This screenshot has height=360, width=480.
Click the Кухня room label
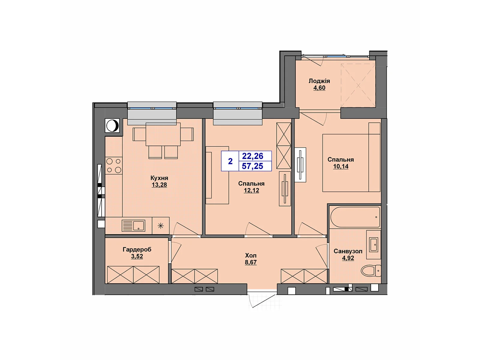[x=159, y=178]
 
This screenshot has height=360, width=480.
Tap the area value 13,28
[x=159, y=185]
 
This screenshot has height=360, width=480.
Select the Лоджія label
[x=319, y=81]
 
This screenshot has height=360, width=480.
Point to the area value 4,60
[x=319, y=88]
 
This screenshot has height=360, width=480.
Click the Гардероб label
[x=137, y=249]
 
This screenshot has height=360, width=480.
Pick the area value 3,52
[x=137, y=256]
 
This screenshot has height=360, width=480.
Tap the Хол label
[x=250, y=255]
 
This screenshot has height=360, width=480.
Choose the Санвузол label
[x=348, y=251]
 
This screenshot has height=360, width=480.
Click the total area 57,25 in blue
[x=253, y=166]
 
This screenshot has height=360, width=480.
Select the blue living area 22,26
[x=253, y=156]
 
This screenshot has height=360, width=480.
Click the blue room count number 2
[x=230, y=161]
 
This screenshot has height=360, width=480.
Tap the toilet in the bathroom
[x=371, y=271]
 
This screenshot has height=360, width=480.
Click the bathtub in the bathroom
[x=355, y=217]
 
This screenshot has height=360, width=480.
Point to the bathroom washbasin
[x=374, y=244]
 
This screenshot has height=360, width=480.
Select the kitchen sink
[x=133, y=226]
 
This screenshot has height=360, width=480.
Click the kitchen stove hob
[x=114, y=166]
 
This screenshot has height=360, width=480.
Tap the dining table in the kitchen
[x=163, y=134]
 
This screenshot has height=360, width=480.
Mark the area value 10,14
[x=341, y=166]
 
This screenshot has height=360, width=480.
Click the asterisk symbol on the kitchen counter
[x=161, y=226]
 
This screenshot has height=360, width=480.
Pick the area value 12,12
[x=251, y=190]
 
